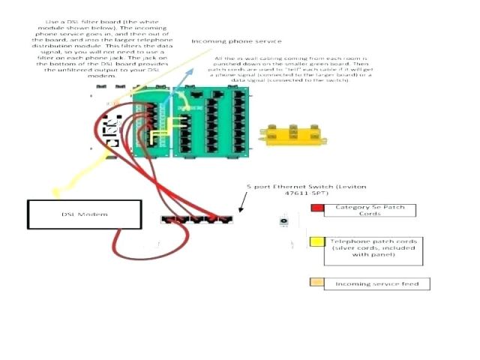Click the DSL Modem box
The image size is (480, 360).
(x=85, y=214)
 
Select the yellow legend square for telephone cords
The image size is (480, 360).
(x=317, y=241)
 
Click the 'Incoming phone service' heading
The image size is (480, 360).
(x=236, y=41)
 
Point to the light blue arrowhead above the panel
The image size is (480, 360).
(x=189, y=70)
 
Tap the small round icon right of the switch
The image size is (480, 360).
(x=284, y=221)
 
